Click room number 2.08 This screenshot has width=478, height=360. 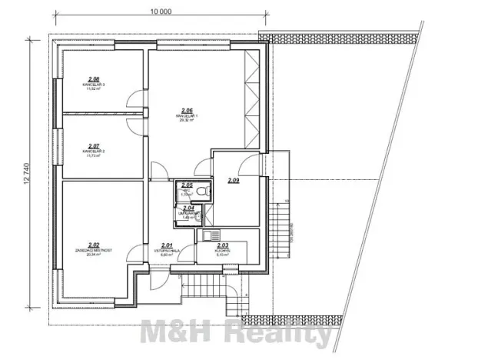click(x=94, y=78)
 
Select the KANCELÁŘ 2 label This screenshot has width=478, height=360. click(x=93, y=152)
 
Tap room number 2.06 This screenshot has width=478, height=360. click(x=187, y=110)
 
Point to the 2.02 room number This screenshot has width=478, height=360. click(x=94, y=244)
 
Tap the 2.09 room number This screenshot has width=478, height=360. click(x=234, y=180)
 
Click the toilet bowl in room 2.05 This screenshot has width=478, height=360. click(x=201, y=192)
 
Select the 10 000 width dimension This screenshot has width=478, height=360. click(x=161, y=12)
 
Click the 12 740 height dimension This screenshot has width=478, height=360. click(x=28, y=173)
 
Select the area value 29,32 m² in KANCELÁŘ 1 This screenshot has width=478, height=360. click(x=187, y=122)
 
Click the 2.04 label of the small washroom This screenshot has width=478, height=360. click(x=188, y=208)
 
